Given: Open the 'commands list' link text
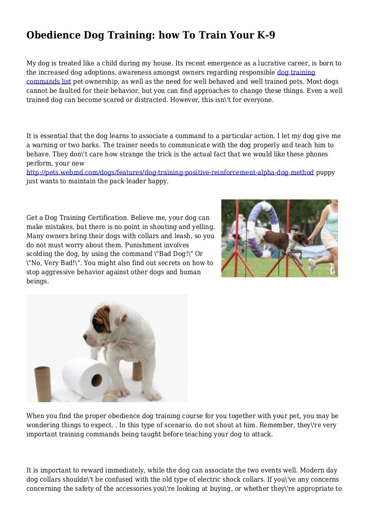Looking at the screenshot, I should click(x=49, y=82).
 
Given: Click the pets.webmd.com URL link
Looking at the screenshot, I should click(x=170, y=172).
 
